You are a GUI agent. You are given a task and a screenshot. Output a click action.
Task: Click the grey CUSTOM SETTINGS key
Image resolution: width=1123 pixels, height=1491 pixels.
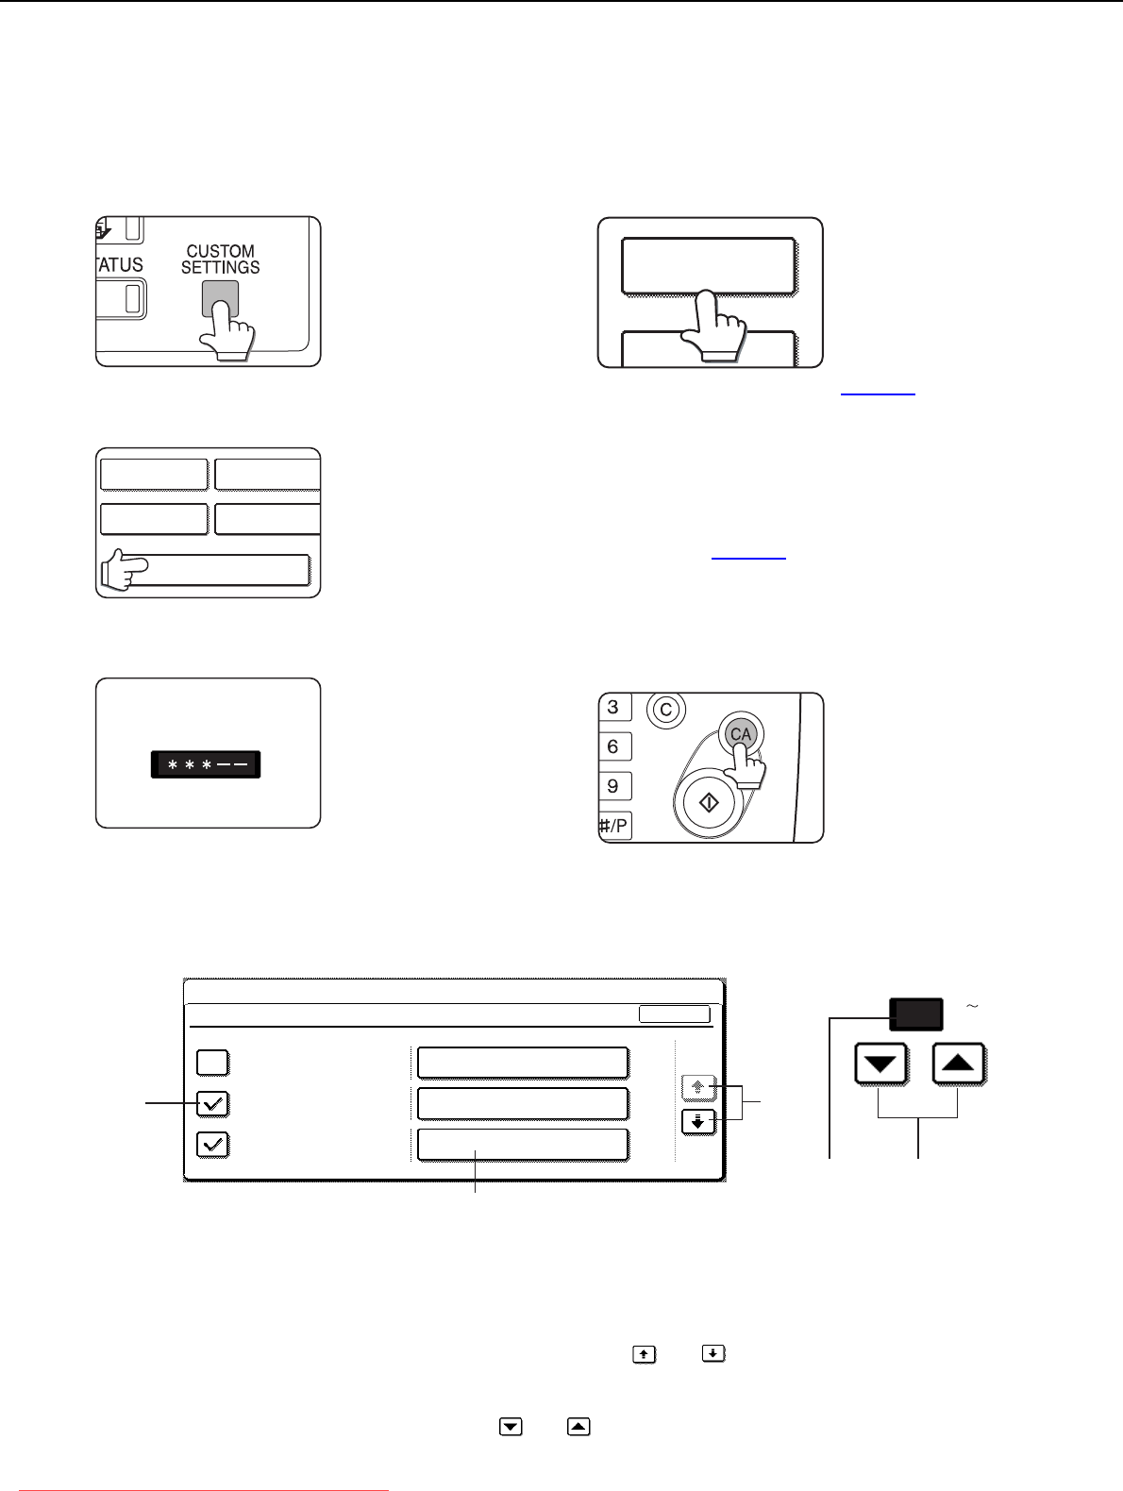[x=220, y=298]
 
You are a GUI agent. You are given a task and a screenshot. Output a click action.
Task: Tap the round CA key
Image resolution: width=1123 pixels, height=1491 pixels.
[x=741, y=733]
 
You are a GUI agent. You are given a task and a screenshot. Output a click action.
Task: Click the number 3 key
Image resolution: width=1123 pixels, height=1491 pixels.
[x=614, y=707]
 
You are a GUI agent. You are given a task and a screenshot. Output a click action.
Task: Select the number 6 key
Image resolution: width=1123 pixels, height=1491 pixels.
[x=614, y=746]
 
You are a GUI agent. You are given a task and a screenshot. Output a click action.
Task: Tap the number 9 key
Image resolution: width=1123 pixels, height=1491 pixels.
[x=614, y=786]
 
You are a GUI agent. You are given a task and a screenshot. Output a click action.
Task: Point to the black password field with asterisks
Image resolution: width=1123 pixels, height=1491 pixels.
[x=206, y=764]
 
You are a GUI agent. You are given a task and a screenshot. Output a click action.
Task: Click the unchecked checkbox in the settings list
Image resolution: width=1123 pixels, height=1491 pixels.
[x=212, y=1063]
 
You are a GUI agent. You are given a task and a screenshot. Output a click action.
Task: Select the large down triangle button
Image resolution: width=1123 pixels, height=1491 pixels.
[x=880, y=1064]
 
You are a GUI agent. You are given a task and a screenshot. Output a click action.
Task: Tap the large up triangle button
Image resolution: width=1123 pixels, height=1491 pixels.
[x=958, y=1064]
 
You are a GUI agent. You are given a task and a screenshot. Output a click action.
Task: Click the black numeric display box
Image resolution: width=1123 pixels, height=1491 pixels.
[x=916, y=1014]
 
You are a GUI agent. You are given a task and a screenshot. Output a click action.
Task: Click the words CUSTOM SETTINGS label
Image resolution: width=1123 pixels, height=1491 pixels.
[x=220, y=259]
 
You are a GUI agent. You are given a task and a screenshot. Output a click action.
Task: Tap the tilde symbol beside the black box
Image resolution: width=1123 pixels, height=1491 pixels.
[x=972, y=1006]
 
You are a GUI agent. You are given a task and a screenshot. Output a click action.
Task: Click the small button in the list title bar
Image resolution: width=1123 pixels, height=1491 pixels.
[x=674, y=1014]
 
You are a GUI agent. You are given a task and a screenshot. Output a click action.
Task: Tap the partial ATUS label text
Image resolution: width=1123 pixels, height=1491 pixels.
[x=120, y=264]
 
